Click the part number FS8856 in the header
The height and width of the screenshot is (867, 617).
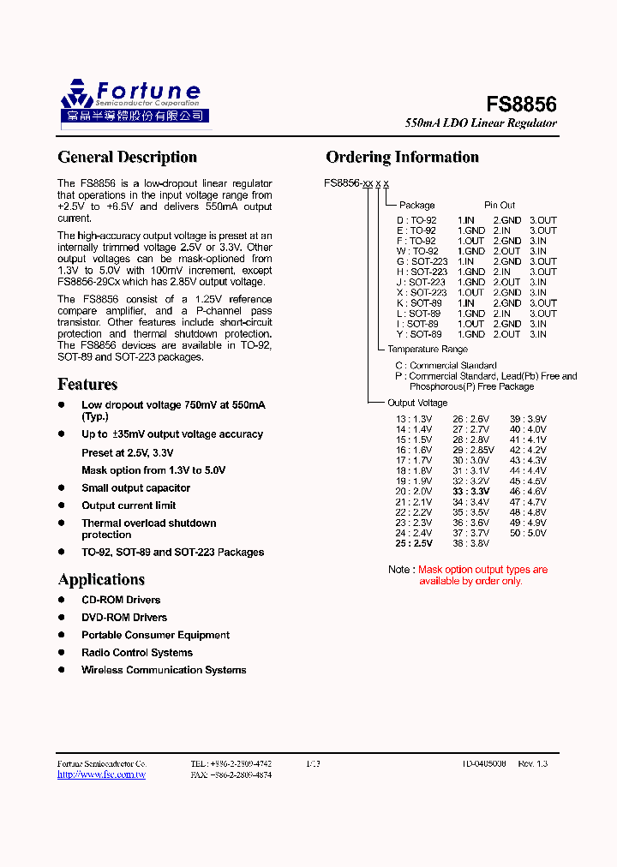tap(521, 105)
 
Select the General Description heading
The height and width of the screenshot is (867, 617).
tap(127, 157)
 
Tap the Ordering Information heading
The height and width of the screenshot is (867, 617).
tap(402, 157)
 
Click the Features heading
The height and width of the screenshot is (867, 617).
tap(87, 384)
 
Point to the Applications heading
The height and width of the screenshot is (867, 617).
tap(101, 579)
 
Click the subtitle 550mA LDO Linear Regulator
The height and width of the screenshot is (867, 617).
tap(481, 123)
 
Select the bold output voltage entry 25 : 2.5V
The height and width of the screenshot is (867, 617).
tap(414, 543)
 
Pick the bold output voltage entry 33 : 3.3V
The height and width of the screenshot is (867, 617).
tap(471, 491)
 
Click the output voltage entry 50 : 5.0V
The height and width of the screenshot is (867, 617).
tap(528, 533)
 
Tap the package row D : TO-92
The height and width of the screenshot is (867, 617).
tap(416, 220)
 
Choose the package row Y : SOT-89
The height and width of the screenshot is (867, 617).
tap(419, 334)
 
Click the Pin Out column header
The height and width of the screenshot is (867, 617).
tap(500, 206)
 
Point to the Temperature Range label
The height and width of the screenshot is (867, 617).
tap(427, 350)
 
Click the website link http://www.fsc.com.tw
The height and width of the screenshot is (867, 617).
tap(101, 774)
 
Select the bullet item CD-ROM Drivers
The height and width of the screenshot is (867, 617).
tap(121, 600)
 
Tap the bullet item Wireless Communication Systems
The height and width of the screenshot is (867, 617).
tap(164, 670)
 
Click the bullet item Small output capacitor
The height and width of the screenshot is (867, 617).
tap(135, 487)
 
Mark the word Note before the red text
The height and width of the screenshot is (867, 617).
tap(399, 570)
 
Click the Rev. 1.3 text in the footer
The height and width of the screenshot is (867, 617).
tap(533, 762)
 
